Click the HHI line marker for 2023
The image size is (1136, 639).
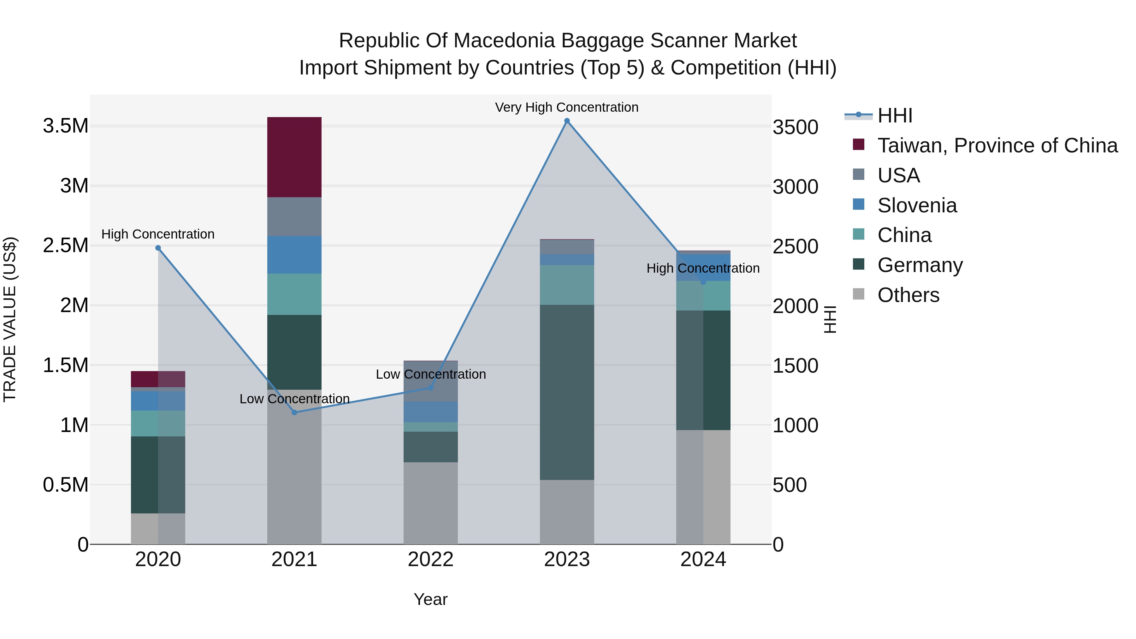coord(567,121)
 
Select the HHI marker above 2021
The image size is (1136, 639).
coord(295,412)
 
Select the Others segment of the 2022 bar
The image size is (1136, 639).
coord(430,503)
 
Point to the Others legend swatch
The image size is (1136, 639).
coord(858,294)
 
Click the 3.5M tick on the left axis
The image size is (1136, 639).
coord(66,126)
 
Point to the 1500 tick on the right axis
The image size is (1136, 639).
coord(795,366)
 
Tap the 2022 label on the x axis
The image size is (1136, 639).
coord(430,559)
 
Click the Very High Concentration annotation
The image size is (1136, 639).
coord(567,107)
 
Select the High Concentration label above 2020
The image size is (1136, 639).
coord(158,234)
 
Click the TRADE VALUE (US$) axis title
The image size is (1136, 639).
coord(10,319)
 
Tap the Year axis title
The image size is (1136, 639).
coord(430,599)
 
